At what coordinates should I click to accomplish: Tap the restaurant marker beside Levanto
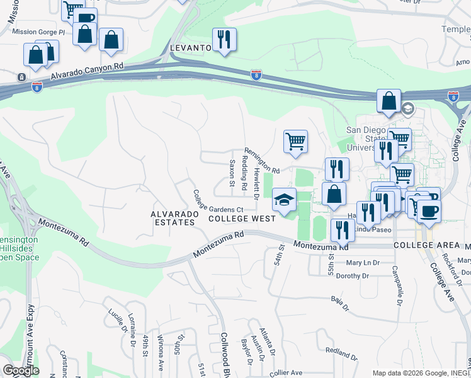224,40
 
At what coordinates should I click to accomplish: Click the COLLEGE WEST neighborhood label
242,219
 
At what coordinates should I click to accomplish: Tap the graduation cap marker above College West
284,201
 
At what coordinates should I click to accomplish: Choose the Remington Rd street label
263,161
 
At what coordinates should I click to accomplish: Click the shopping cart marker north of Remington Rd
295,142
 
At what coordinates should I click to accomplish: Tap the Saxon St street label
232,174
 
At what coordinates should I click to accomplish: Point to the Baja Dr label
340,304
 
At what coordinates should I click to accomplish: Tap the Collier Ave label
286,373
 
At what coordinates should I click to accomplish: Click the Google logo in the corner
21,370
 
